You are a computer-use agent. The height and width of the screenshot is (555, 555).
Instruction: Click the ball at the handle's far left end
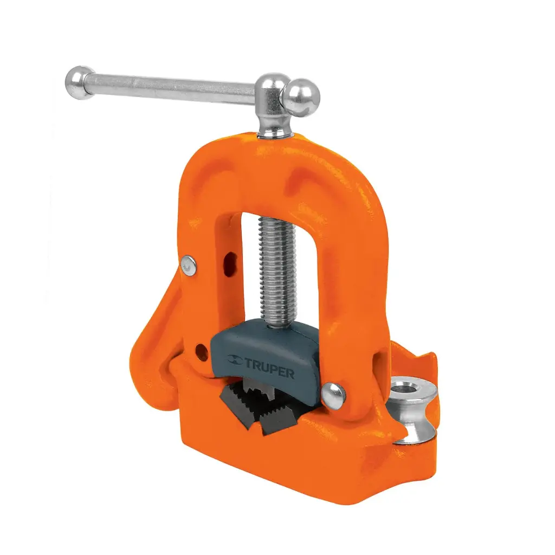[80, 82]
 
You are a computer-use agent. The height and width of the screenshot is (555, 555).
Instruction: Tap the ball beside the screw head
[301, 97]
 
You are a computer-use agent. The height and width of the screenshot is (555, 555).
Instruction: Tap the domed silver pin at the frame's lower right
[333, 396]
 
